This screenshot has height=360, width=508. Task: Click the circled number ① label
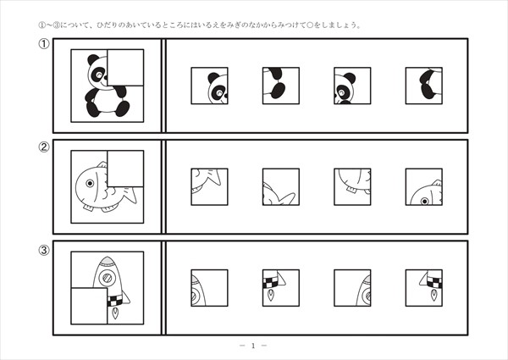point(44,44)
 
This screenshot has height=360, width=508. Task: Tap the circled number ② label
point(44,147)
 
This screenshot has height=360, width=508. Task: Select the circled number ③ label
point(44,250)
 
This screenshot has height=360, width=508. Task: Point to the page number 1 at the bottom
point(253,346)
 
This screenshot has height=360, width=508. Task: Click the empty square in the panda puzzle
point(125,68)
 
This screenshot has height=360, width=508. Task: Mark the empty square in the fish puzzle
point(125,169)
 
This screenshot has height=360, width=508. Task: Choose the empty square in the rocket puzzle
point(89,306)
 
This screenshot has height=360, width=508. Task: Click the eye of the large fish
point(90,184)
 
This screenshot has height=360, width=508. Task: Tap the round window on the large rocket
point(108,278)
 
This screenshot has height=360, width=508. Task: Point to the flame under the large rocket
point(115,313)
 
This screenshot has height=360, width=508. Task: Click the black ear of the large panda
point(93,59)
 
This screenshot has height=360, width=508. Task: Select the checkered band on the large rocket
point(114,301)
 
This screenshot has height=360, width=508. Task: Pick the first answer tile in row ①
point(209,86)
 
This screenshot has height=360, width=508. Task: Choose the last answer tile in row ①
point(424,86)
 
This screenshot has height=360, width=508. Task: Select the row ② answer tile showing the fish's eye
point(424,186)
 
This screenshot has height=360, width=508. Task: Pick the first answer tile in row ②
point(209,186)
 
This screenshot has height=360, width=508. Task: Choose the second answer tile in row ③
point(281,288)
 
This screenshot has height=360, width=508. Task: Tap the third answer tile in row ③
point(352,288)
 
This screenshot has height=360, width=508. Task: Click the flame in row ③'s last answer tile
point(433,295)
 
